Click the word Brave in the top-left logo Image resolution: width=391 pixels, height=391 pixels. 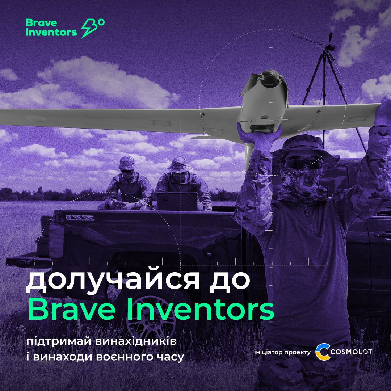(x=41, y=23)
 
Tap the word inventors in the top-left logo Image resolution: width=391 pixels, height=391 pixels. (x=51, y=32)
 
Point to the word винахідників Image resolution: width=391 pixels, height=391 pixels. (x=136, y=341)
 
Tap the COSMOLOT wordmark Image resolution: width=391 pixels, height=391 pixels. (x=351, y=352)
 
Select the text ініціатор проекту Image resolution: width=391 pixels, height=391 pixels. (x=282, y=352)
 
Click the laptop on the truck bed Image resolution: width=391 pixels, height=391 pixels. (x=177, y=202)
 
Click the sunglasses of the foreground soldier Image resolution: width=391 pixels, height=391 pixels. (x=303, y=162)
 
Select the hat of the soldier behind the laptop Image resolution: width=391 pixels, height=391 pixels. (x=179, y=165)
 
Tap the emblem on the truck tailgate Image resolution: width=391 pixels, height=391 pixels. (x=80, y=218)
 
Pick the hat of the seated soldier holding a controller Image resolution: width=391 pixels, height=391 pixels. (x=127, y=163)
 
